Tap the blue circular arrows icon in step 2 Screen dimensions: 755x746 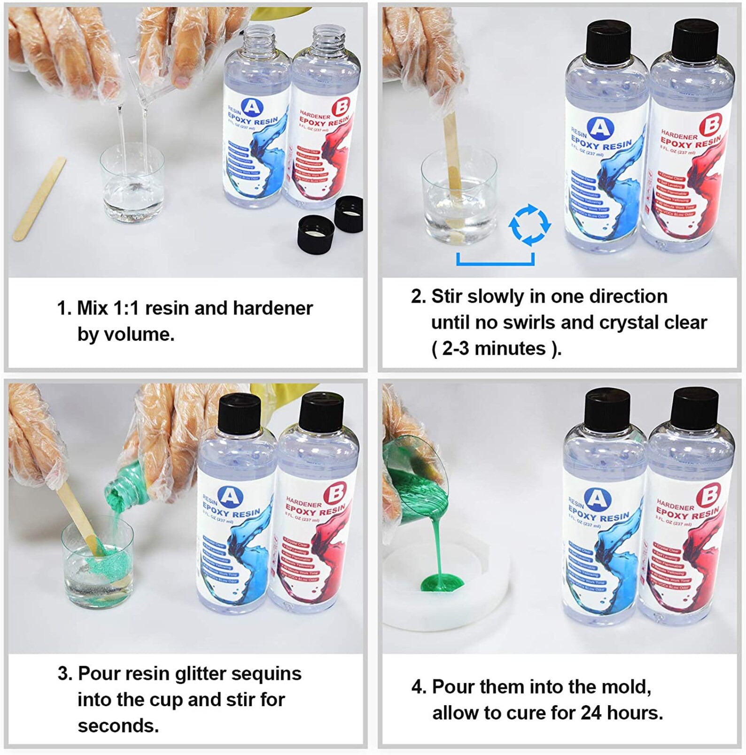[529, 225]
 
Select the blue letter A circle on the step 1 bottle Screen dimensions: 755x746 [252, 107]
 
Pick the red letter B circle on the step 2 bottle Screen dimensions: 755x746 [710, 125]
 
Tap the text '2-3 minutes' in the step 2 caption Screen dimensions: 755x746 [494, 349]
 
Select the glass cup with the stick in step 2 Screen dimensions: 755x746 [458, 197]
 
